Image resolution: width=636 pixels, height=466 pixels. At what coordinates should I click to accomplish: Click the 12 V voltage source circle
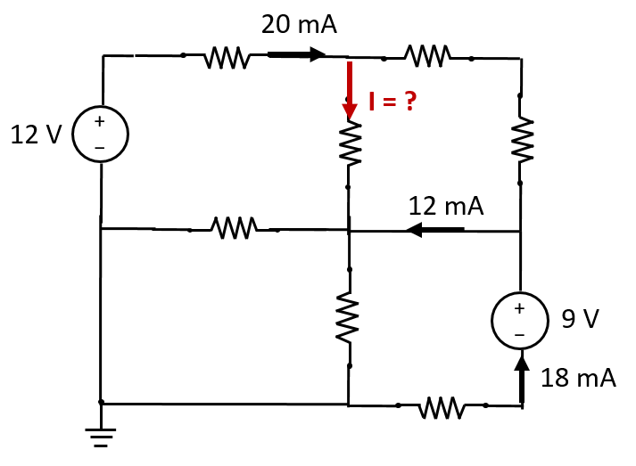coord(101,134)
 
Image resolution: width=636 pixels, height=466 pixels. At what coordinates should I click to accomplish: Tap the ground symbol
coord(101,437)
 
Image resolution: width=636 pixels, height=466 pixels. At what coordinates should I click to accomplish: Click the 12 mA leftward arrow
coord(434,231)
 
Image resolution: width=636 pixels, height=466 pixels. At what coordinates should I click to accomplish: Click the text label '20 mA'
coord(299,24)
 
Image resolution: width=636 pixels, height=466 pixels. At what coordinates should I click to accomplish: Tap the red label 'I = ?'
coord(392,102)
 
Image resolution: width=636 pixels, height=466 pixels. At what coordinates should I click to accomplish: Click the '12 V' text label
coord(36,135)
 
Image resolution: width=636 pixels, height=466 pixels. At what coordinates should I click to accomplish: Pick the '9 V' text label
coord(581,318)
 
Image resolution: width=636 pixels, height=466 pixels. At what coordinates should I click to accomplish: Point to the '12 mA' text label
coord(446,206)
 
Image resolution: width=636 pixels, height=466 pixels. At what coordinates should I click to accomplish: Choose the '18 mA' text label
coord(578,378)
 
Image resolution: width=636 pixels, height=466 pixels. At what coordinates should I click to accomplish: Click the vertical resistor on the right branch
coord(521,140)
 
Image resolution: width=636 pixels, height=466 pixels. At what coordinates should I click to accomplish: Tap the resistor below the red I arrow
coord(350,144)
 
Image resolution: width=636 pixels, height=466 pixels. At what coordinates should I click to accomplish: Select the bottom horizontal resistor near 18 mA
coord(440,407)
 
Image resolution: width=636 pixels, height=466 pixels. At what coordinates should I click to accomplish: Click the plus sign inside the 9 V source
coord(520,308)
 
